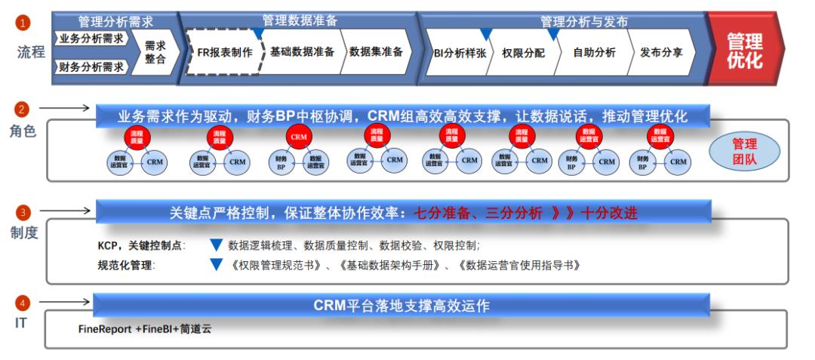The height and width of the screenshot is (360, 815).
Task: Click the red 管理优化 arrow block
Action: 743,51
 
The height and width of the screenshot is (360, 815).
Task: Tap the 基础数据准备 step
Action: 302,52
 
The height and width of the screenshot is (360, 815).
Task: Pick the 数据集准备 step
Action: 375,52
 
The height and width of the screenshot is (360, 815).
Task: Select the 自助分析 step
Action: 593,53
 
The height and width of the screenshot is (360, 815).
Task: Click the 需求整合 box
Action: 155,52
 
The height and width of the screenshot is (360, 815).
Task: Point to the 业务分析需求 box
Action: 92,38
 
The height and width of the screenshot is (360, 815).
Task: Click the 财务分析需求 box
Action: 92,66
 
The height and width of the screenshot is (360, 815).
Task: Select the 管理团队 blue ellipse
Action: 744,151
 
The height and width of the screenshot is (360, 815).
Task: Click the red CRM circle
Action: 298,137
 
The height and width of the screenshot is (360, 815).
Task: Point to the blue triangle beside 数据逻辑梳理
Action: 216,245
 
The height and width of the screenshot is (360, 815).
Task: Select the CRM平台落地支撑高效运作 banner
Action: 401,306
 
